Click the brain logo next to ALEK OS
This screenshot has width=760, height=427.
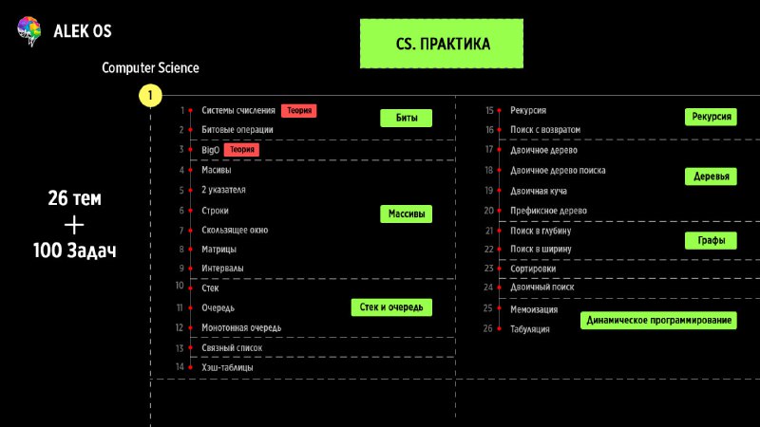coord(29,31)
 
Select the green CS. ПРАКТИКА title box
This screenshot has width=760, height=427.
coord(442,44)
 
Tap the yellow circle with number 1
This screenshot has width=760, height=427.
coord(150,96)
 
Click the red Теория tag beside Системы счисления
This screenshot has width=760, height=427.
coord(298,111)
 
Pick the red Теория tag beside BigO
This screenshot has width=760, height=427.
coord(240,150)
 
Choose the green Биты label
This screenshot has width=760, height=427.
coord(406,118)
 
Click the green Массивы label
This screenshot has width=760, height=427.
coord(406,213)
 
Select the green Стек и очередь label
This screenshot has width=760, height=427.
coord(391,306)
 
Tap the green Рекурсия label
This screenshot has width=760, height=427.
coord(712,117)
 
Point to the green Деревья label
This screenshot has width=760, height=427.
coord(712,177)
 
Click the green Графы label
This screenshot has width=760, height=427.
coord(712,241)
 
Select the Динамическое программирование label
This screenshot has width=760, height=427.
coord(659,321)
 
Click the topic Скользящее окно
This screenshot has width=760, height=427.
coord(235,230)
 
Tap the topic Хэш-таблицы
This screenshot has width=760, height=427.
coord(227,366)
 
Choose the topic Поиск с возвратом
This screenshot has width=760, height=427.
coord(544,129)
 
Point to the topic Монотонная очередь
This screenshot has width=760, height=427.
coord(241,327)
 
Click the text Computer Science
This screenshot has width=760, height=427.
coord(150,68)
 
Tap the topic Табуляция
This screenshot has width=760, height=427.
coord(529,328)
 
